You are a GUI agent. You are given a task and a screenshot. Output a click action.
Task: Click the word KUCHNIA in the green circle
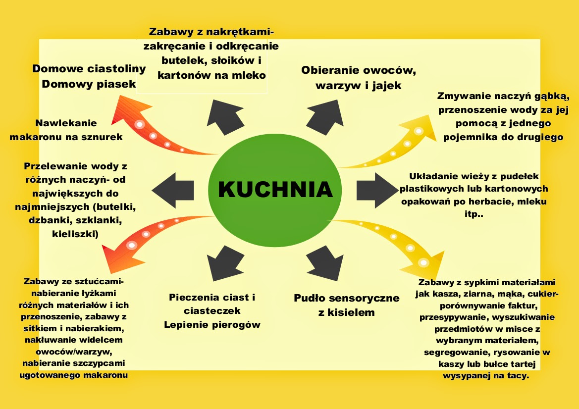(x=275, y=189)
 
